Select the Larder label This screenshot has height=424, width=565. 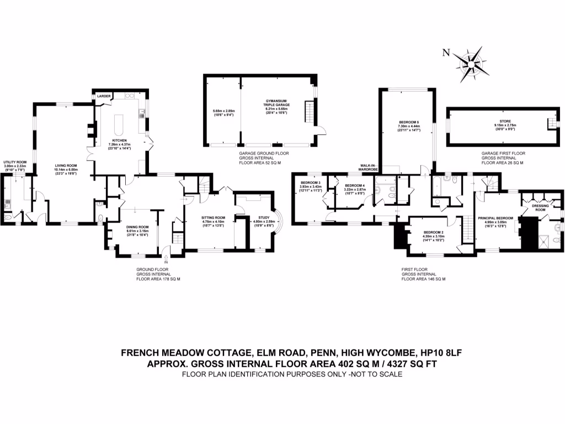pyautogui.click(x=104, y=96)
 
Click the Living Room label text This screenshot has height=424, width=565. pyautogui.click(x=65, y=165)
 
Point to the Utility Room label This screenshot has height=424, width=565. pyautogui.click(x=15, y=162)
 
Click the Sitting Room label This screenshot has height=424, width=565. pyautogui.click(x=212, y=218)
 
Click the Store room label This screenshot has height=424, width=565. pyautogui.click(x=505, y=119)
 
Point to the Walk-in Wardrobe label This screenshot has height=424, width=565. pyautogui.click(x=369, y=166)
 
